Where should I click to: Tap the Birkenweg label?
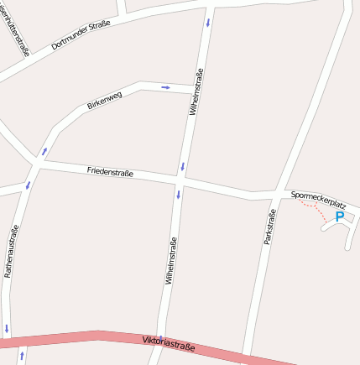pos(105,101)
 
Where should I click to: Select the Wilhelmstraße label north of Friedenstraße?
pos(198,91)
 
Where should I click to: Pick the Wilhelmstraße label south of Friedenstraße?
pos(171,261)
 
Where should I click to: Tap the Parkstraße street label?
pos(269,227)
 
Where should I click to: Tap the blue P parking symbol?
pos(340,216)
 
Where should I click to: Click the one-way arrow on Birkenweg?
pos(166,86)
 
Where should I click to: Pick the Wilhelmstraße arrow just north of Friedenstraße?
pos(182,166)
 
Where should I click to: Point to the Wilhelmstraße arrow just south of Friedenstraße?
pos(179,196)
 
